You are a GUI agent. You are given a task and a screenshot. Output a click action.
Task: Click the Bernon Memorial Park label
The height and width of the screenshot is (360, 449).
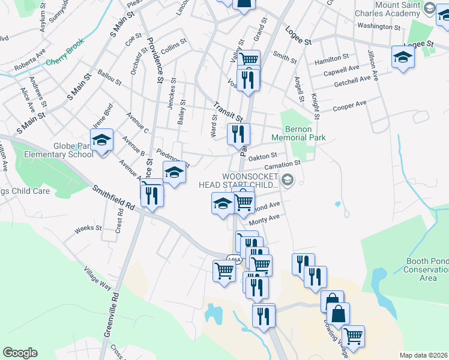298,133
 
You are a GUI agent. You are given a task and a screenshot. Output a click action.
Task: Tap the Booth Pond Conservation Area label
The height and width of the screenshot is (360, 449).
423,269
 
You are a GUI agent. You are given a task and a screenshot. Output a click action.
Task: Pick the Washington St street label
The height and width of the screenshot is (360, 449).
378,27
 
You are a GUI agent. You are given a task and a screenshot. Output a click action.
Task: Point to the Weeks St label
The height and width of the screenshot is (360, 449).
88,229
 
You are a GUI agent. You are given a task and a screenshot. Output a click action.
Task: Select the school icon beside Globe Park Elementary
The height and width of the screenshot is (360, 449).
102,140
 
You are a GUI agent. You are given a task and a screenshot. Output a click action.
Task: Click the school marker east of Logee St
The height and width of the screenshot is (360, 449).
403,57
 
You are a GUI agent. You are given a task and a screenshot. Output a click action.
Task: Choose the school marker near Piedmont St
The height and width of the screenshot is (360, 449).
175,172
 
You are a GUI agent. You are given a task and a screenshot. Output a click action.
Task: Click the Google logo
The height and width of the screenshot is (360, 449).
20,353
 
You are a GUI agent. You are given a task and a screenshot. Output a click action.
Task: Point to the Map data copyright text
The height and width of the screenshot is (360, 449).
424,355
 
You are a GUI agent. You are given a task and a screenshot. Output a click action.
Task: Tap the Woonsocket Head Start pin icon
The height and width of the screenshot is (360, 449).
288,179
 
